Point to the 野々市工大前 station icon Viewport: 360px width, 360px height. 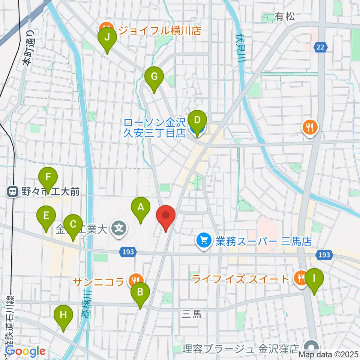pyautogui.click(x=13, y=192)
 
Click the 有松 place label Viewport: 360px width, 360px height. pyautogui.click(x=285, y=16)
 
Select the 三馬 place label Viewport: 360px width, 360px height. pyautogui.click(x=192, y=314)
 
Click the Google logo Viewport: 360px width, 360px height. pyautogui.click(x=25, y=351)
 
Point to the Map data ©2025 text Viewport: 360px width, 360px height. pyautogui.click(x=329, y=354)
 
